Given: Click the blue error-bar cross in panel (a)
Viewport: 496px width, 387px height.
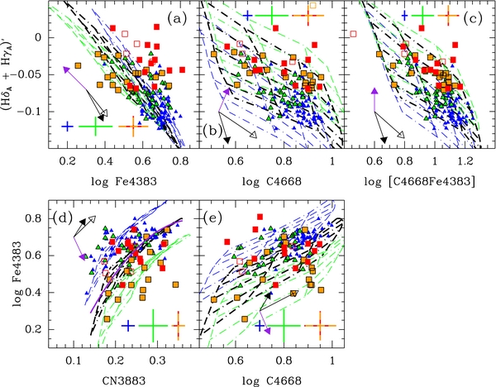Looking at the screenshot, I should [x=68, y=127].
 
